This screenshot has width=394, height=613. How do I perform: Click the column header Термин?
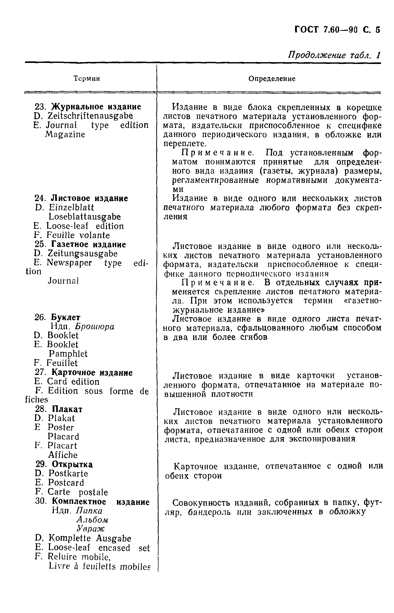[x=86, y=78]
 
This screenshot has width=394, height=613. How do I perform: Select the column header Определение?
[x=272, y=79]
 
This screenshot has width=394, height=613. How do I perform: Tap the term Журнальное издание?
[x=96, y=107]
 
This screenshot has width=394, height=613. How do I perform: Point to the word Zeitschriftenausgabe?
[x=90, y=116]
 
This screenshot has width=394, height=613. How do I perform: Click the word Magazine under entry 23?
[x=65, y=134]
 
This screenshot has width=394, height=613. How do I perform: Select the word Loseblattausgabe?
[x=85, y=217]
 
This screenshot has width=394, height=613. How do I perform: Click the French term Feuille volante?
[x=78, y=235]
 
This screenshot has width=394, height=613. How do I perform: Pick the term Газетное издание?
[x=89, y=244]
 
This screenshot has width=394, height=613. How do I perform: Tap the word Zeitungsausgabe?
[x=83, y=254]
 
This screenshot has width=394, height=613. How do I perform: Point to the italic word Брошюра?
[x=95, y=326]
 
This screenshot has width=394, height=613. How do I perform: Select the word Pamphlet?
[x=68, y=354]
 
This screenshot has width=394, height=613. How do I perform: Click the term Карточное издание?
[x=92, y=372]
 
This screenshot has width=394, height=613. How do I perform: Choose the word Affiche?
[x=63, y=455]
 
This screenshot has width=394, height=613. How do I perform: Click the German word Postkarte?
[x=68, y=473]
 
